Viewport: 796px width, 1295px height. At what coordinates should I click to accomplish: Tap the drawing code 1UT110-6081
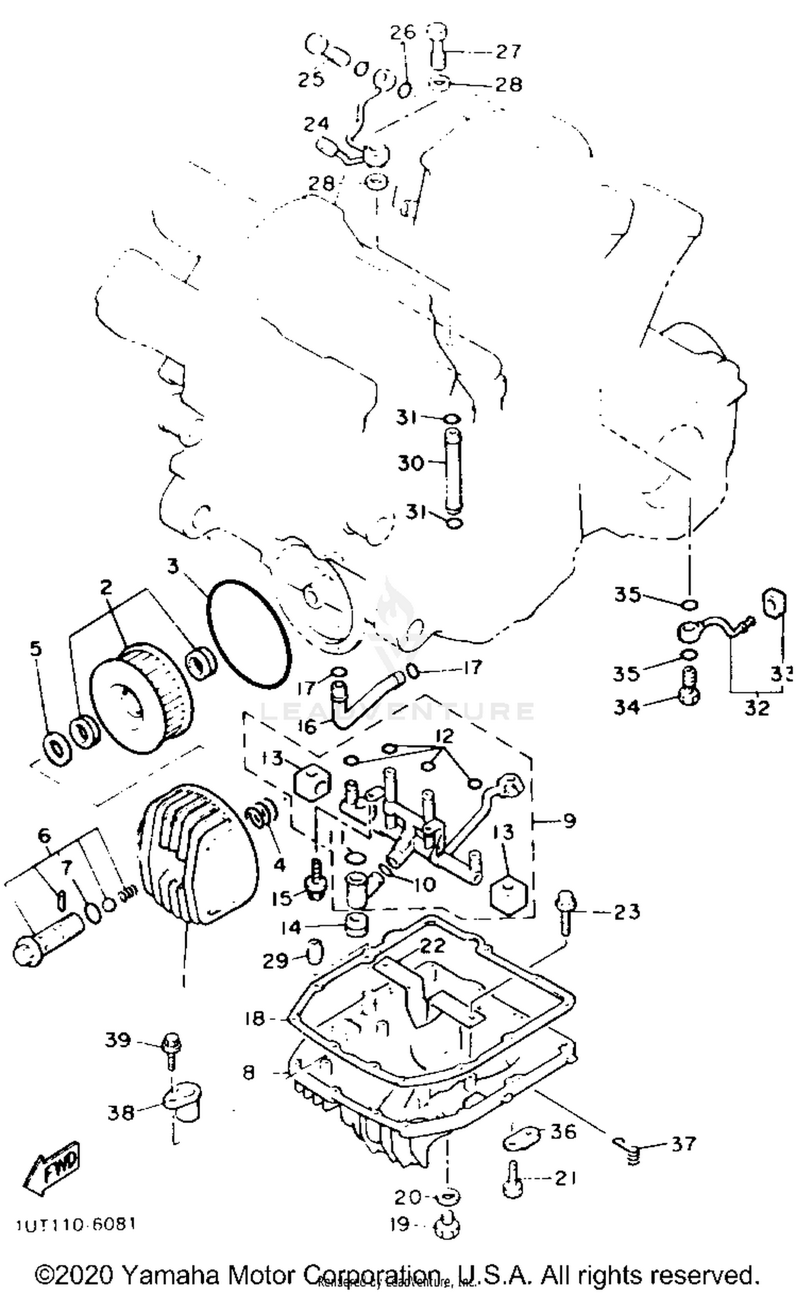[76, 1223]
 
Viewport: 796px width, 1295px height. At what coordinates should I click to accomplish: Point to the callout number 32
[756, 708]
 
